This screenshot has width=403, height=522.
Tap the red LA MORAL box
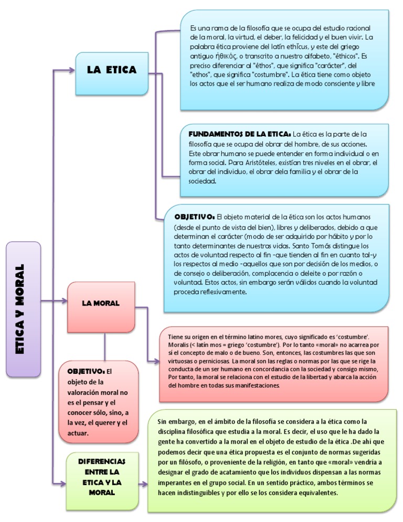tap(101, 303)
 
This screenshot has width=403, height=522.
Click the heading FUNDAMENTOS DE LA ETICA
tap(239, 134)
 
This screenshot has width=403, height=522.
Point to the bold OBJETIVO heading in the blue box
tap(194, 216)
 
